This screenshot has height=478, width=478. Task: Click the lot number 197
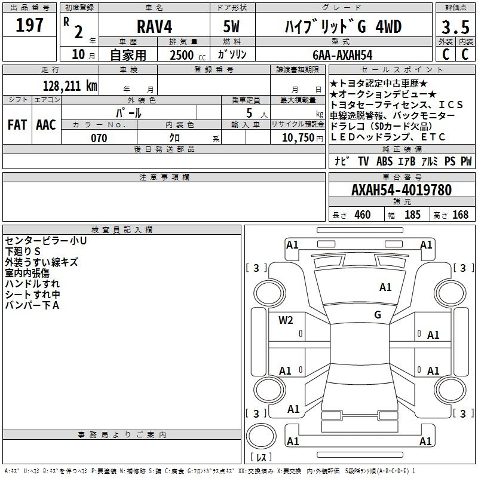(x=29, y=24)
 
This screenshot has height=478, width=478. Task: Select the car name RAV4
(x=154, y=26)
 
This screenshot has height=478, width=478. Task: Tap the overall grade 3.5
(x=455, y=27)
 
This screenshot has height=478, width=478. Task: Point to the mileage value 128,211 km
(x=70, y=85)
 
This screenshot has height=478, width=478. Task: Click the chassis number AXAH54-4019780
(x=402, y=190)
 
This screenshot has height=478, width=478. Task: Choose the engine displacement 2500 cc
(x=188, y=55)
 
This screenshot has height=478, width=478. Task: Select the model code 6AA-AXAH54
(x=342, y=55)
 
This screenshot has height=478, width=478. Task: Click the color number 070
(x=99, y=138)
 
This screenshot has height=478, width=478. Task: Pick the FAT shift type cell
(x=17, y=125)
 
